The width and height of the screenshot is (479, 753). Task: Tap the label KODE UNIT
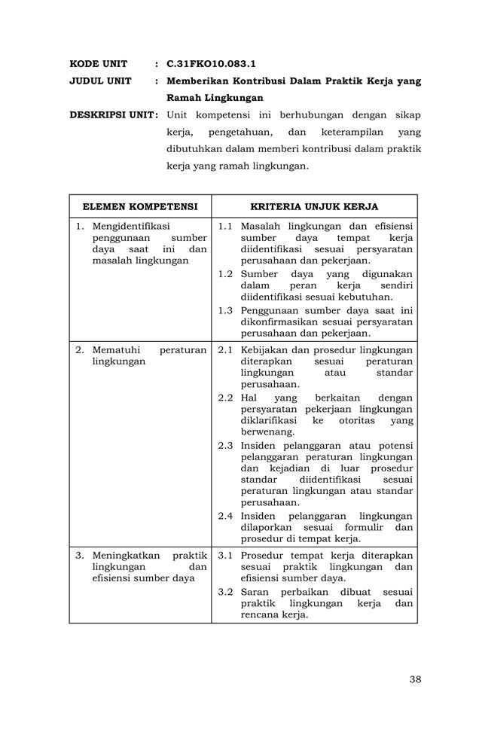point(98,63)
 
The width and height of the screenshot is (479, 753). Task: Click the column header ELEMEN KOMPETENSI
point(140,206)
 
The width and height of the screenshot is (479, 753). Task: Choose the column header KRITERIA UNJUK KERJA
point(314,206)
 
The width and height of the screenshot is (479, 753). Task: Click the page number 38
point(415,679)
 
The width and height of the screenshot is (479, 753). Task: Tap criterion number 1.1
point(225,226)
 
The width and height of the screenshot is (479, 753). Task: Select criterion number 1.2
point(225,274)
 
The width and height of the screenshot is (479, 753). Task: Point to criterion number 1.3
point(225,310)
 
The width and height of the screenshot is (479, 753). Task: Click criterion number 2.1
point(225,349)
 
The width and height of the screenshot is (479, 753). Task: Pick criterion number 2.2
point(225,397)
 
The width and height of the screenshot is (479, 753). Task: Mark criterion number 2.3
point(225,445)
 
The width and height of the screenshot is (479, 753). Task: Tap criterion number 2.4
point(225,516)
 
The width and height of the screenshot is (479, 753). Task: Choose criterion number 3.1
point(225,555)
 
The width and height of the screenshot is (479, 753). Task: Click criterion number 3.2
point(225,591)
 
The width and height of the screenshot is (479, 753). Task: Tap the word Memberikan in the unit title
point(199,81)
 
